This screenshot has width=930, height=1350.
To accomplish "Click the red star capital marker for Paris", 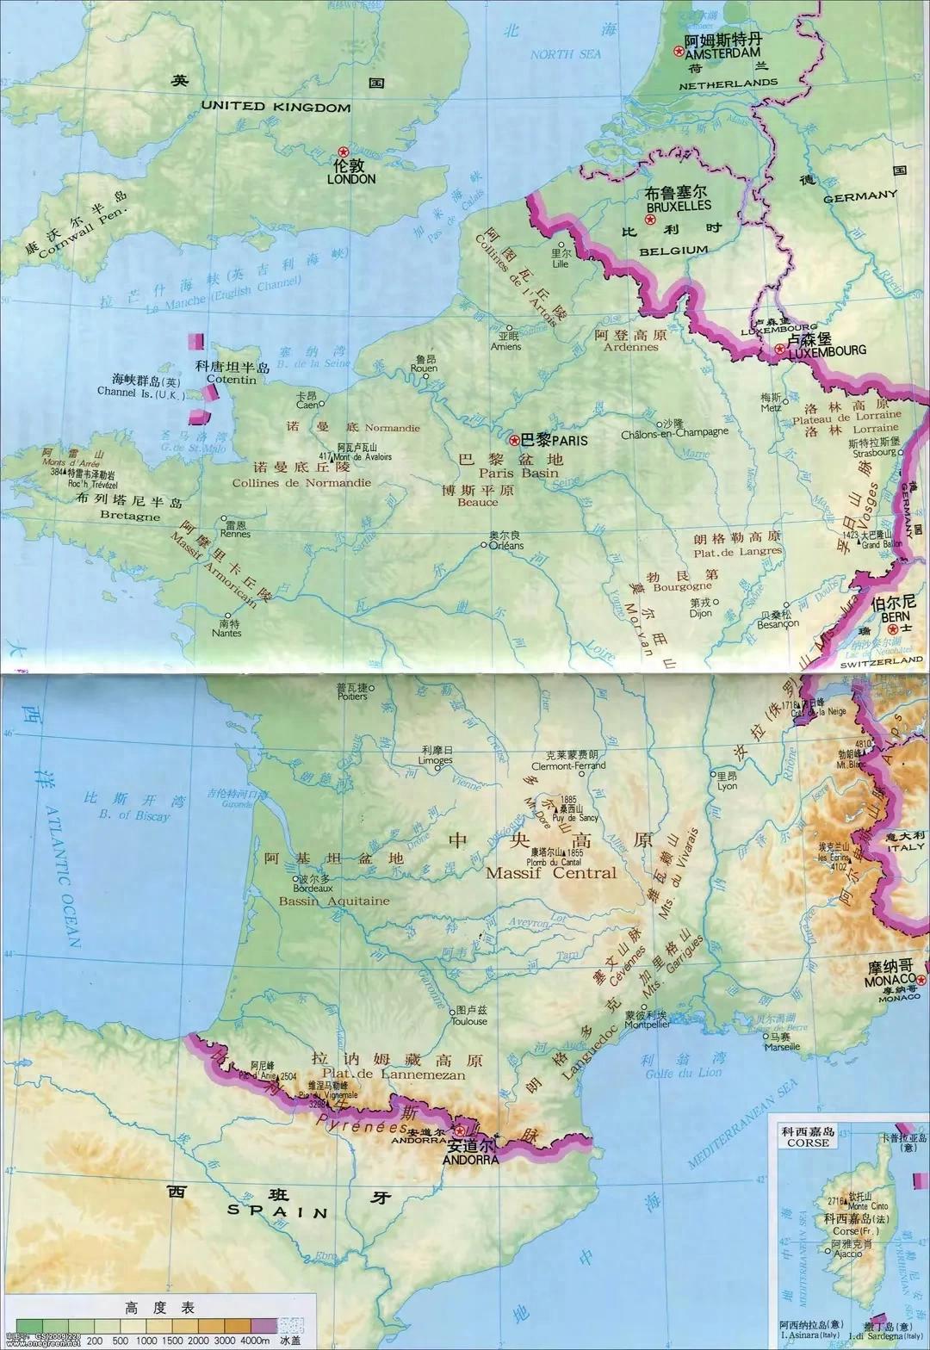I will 514,440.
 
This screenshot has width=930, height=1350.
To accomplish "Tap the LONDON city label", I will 351,179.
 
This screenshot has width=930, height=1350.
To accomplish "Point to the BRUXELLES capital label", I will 678,207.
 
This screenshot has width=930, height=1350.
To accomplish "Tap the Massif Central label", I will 551,872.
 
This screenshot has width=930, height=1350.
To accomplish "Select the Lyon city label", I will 728,786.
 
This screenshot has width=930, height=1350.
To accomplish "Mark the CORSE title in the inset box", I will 807,1143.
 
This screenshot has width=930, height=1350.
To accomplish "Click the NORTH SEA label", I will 565,54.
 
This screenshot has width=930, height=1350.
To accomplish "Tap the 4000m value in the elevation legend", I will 255,1341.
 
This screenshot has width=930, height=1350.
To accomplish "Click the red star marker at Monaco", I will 922,981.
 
